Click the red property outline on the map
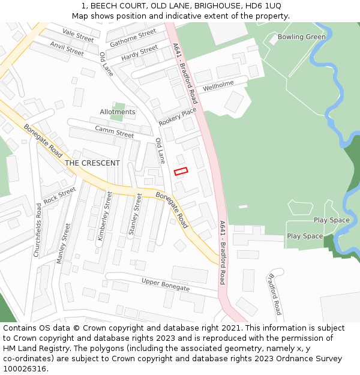[x=181, y=171]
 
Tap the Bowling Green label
[x=302, y=37]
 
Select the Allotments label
[x=118, y=112]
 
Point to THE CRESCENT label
[x=92, y=163]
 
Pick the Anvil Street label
[x=67, y=49]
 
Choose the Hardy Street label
[x=139, y=53]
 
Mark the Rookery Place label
[x=178, y=116]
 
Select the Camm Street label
[x=115, y=132]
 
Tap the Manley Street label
[x=63, y=243]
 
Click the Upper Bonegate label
[x=165, y=284]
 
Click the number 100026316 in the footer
[x=24, y=368]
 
